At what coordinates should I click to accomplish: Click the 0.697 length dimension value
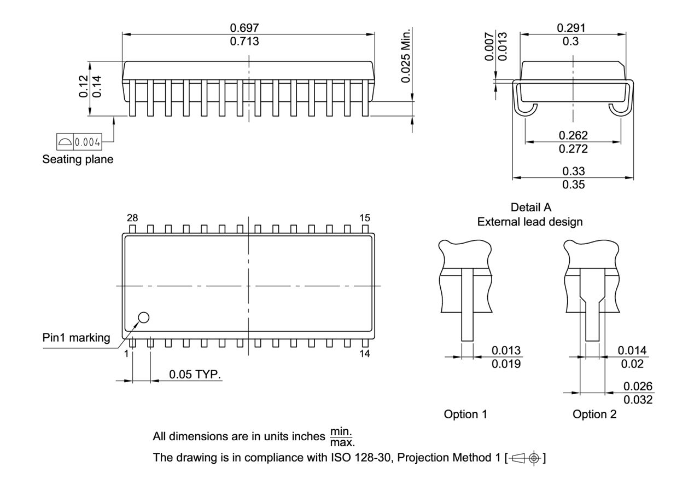(244, 28)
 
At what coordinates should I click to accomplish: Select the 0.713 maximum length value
(244, 42)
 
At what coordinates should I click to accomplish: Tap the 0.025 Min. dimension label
(405, 55)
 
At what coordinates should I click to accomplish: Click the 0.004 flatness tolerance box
(80, 143)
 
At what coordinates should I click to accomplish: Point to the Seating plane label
(78, 160)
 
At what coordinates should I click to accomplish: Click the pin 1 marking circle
(144, 317)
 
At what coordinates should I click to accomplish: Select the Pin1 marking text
(76, 338)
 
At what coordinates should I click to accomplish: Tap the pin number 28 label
(132, 218)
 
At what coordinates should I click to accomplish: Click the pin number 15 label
(365, 218)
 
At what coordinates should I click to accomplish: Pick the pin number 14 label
(365, 354)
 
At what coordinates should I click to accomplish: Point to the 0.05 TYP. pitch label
(195, 374)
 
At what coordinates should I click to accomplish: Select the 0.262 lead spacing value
(573, 135)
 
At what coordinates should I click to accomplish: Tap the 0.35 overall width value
(573, 185)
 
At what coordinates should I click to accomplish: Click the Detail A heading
(530, 208)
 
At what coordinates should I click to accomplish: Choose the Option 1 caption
(465, 414)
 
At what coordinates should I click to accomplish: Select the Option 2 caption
(594, 414)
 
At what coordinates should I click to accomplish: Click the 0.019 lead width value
(506, 364)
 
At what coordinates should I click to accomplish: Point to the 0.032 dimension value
(638, 400)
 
